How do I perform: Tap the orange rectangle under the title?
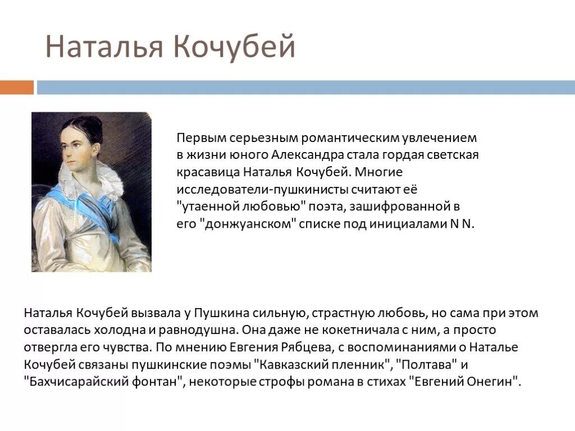pos(16,88)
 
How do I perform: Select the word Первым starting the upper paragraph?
pos(200,137)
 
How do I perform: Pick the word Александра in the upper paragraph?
pos(304,154)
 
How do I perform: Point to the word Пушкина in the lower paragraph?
pos(216,313)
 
